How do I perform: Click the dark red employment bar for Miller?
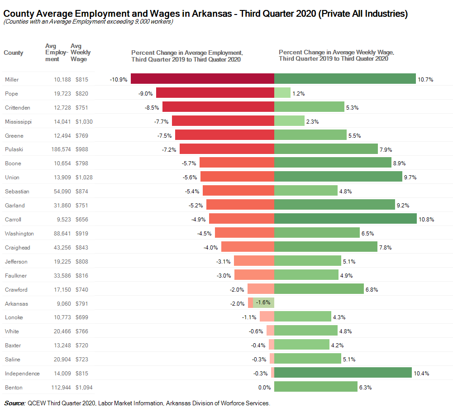202,79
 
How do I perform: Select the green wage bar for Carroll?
345,219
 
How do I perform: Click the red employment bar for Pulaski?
227,149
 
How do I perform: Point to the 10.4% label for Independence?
421,374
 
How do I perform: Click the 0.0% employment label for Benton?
264,388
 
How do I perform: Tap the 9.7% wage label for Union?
410,178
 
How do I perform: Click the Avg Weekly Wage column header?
81,53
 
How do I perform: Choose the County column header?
14,53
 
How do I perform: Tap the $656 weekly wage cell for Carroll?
82,220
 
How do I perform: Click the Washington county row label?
19,234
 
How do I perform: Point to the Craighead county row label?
18,248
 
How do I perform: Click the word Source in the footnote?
14,403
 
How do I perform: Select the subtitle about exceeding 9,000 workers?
88,22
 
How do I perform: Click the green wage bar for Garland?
334,205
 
